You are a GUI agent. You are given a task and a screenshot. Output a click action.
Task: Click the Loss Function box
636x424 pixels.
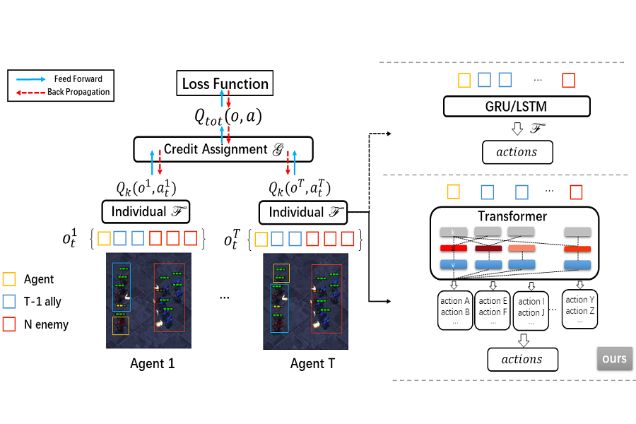click(x=225, y=84)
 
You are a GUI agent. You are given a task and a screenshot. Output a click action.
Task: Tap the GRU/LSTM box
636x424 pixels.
click(x=517, y=107)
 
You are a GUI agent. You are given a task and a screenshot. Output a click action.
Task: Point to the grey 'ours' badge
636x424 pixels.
click(x=614, y=358)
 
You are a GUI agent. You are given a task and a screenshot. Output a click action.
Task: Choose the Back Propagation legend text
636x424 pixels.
click(x=79, y=92)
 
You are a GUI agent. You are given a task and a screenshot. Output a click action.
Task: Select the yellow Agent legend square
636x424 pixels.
click(x=10, y=279)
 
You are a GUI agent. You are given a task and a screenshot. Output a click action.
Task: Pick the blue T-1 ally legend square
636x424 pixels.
click(x=10, y=302)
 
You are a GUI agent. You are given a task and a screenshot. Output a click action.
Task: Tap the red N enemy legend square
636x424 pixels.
click(x=10, y=324)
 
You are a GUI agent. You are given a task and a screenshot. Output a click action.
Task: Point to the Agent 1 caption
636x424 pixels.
click(x=152, y=364)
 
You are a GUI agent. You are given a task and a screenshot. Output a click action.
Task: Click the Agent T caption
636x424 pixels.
click(x=312, y=364)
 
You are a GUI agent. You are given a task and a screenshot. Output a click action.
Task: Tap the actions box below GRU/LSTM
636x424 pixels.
click(x=517, y=152)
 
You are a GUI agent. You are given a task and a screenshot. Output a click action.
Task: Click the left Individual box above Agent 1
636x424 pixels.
click(x=146, y=211)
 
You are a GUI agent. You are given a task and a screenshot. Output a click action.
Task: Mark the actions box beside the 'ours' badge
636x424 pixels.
click(x=522, y=359)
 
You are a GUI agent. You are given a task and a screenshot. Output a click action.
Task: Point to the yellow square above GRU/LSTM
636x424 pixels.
click(x=464, y=79)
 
